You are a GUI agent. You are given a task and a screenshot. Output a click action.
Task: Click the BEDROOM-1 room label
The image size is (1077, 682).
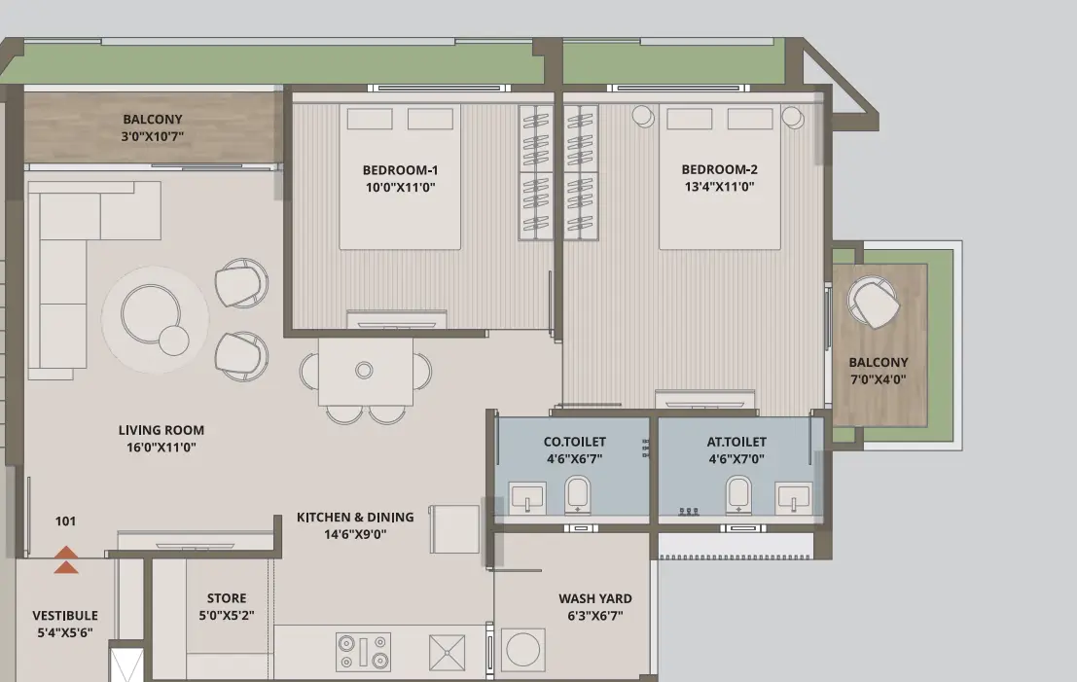tap(401, 169)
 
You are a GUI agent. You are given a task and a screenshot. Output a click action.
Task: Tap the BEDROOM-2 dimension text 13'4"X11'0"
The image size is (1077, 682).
tap(719, 187)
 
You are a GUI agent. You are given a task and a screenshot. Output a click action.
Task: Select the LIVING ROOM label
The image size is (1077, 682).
tap(161, 430)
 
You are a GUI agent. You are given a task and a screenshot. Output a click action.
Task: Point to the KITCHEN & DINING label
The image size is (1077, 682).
tap(355, 518)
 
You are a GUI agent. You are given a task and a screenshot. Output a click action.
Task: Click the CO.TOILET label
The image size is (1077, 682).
tap(575, 442)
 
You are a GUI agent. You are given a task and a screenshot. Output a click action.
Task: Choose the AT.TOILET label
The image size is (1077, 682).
tap(736, 442)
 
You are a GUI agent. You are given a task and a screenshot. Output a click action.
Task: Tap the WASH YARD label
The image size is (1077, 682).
tap(594, 598)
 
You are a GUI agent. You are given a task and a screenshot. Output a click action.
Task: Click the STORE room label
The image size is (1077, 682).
tap(227, 598)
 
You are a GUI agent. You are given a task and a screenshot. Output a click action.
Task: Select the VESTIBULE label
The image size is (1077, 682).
tap(65, 616)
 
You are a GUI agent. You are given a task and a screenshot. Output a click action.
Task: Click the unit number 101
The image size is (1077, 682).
tap(65, 521)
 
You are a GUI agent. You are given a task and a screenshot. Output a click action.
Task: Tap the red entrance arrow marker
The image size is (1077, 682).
tap(66, 559)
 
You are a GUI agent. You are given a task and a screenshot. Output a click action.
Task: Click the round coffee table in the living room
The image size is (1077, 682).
tap(151, 314)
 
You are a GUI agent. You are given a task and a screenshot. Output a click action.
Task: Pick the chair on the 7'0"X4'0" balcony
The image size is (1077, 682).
tap(873, 303)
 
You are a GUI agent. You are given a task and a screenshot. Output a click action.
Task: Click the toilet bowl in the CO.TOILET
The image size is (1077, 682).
tap(578, 494)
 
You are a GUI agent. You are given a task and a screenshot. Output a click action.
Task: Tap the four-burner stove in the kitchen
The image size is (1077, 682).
tap(363, 652)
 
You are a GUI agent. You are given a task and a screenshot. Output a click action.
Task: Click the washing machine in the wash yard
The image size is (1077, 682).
tap(523, 650)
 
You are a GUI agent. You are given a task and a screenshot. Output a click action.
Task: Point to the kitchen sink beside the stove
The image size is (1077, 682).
tap(448, 652)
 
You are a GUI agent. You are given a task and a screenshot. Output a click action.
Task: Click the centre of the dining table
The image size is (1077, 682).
tap(365, 371)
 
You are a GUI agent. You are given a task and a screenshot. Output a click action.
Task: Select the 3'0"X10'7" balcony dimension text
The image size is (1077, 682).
tap(153, 136)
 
